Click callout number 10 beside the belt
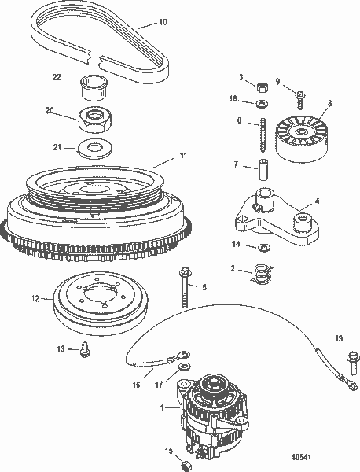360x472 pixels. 162,24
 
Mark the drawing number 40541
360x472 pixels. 323,455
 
